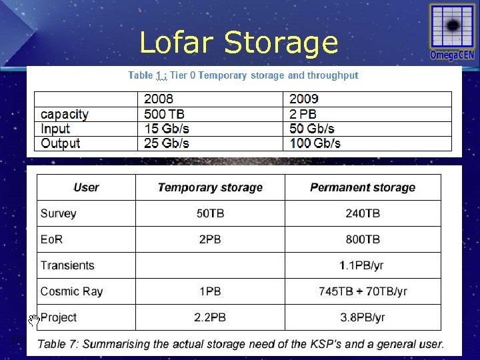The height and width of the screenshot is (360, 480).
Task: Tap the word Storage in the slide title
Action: click(281, 43)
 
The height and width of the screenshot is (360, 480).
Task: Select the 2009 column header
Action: click(303, 99)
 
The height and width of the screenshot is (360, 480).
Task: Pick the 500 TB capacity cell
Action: click(165, 114)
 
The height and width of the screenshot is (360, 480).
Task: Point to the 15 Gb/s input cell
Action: click(167, 129)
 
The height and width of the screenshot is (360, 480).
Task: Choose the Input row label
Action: click(55, 129)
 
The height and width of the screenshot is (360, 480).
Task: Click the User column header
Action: click(86, 187)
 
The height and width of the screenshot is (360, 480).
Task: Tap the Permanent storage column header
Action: click(363, 187)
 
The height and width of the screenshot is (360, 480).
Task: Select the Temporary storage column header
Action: click(210, 187)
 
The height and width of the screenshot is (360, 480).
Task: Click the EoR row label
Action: click(52, 239)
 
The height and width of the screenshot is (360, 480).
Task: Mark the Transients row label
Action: click(67, 265)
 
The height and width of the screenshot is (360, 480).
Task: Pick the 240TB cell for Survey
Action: click(363, 213)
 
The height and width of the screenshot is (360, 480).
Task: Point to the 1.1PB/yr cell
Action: click(362, 265)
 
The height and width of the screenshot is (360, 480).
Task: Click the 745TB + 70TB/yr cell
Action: click(363, 291)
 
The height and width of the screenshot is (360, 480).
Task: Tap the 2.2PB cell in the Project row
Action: click(210, 317)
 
